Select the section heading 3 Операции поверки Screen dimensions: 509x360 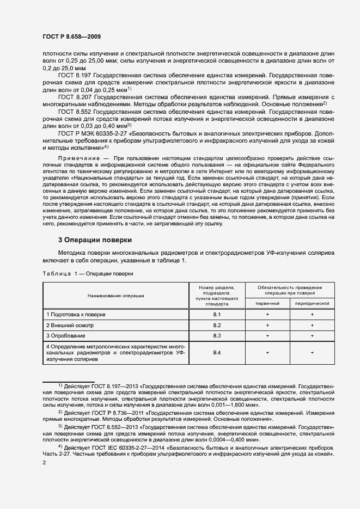tap(95, 240)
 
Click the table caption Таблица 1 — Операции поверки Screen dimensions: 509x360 tap(87, 274)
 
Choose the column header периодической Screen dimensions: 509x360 tap(312, 303)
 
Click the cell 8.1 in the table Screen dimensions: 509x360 tap(216, 315)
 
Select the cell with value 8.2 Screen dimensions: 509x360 tap(216, 325)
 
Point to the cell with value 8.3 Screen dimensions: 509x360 tap(216, 335)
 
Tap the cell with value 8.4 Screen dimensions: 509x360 tap(216, 353)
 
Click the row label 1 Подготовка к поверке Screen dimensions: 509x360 tap(76, 315)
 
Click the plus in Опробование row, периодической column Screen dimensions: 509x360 tap(312, 335)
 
